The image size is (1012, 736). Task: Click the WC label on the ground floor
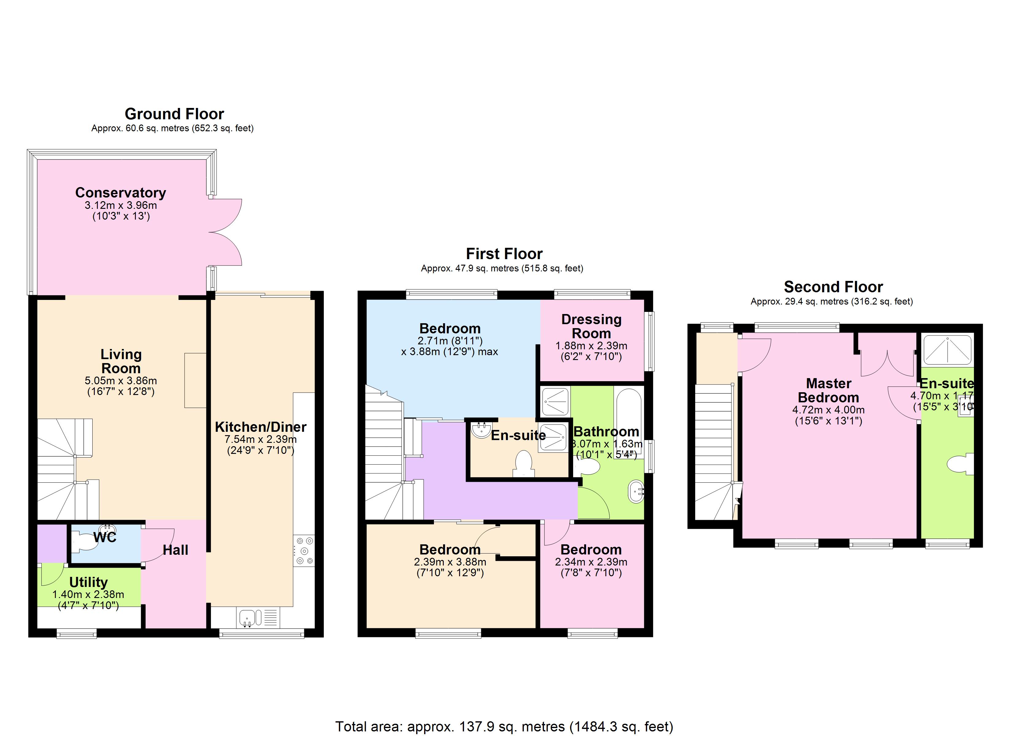105,537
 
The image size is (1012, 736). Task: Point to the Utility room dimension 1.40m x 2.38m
88,595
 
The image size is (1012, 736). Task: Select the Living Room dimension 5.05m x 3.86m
121,381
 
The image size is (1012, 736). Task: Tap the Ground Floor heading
174,114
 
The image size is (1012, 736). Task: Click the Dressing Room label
591,326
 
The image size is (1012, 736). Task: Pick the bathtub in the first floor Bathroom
628,420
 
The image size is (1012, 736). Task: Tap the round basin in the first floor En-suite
481,430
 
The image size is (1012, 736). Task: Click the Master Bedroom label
828,390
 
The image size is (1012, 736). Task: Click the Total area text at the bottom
504,726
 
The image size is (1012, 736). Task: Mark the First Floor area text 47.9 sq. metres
502,268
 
